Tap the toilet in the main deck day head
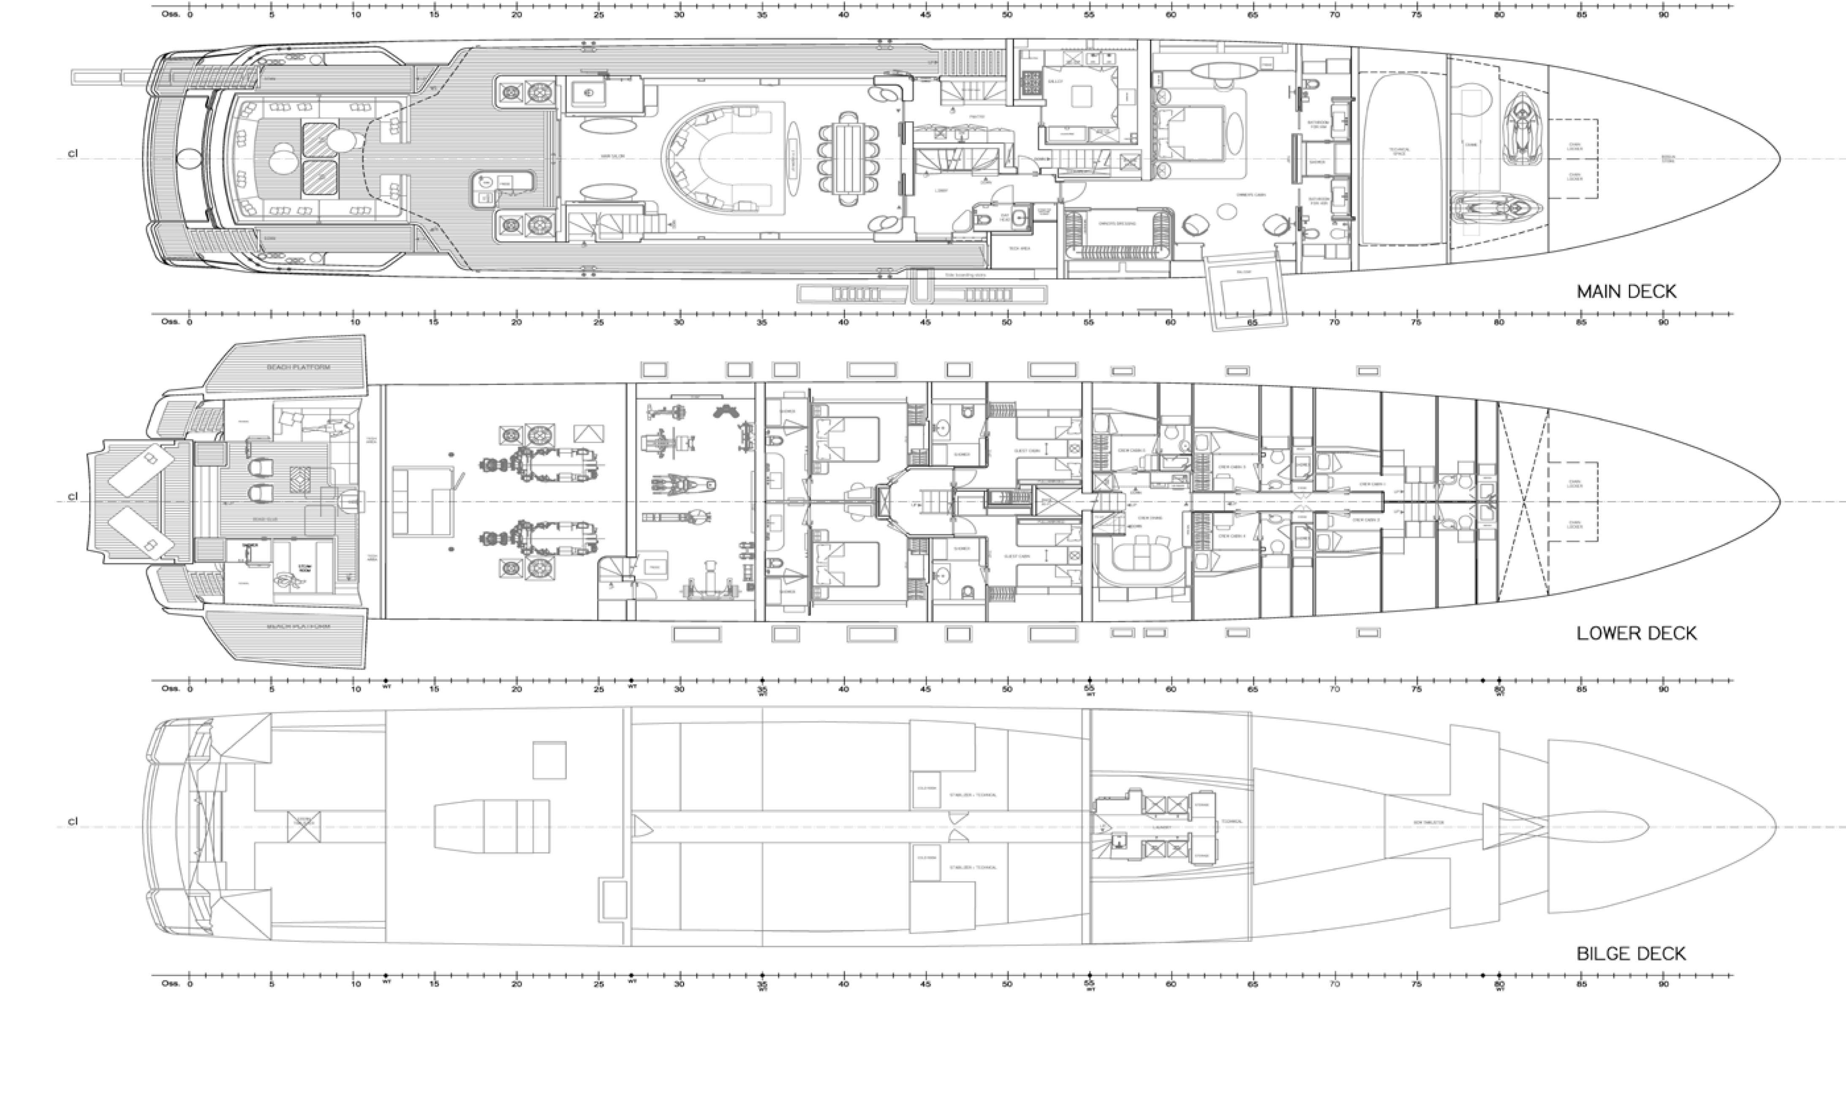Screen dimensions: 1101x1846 (x=984, y=219)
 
